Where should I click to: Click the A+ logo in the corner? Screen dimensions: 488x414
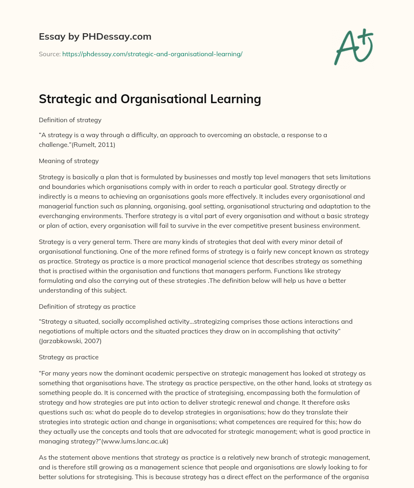tap(353, 46)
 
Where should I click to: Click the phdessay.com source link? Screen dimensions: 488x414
tap(152, 54)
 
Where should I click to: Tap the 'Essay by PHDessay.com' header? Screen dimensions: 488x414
tap(95, 37)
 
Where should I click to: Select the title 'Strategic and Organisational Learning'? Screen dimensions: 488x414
tap(150, 99)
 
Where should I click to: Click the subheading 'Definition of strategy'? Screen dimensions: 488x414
tap(70, 120)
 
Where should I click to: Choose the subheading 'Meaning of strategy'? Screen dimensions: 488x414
tap(69, 161)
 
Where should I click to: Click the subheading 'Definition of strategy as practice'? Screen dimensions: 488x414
tap(87, 306)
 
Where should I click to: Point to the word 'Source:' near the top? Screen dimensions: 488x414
tap(49, 54)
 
